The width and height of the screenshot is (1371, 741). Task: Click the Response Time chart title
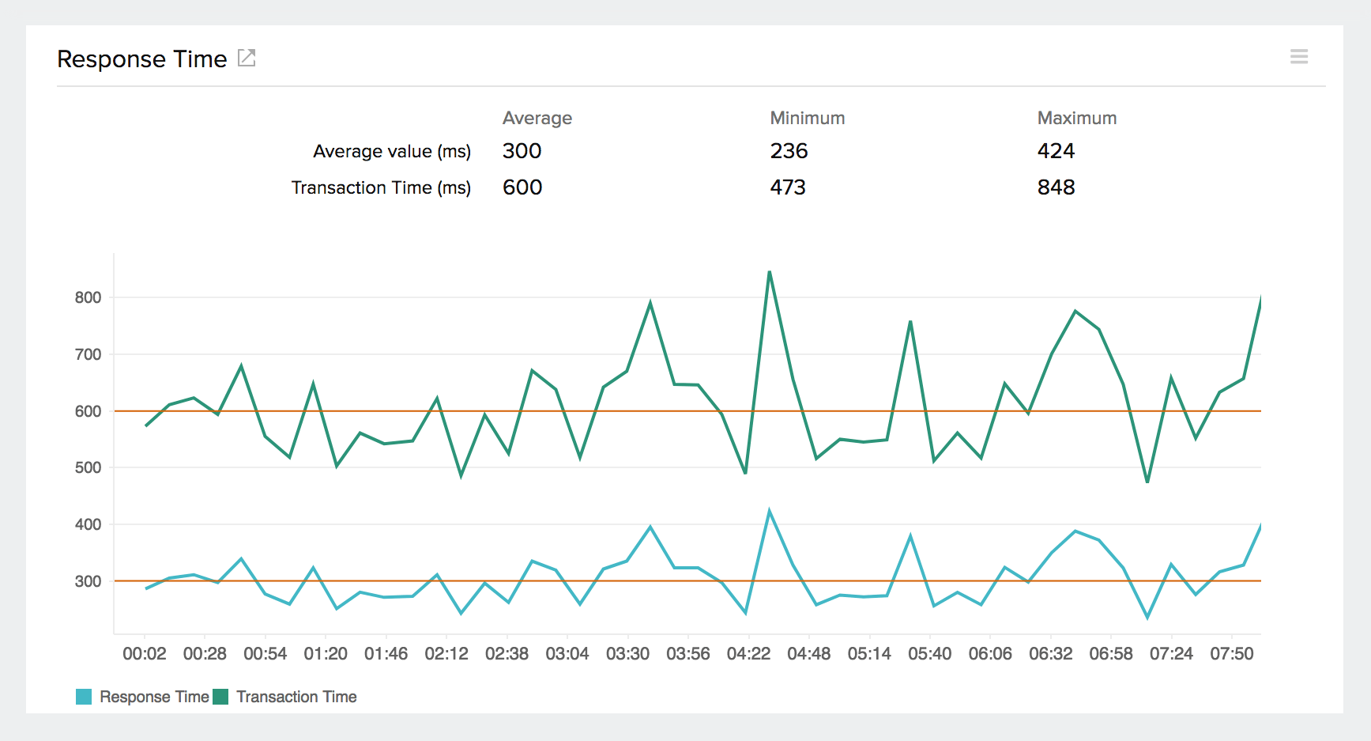pyautogui.click(x=142, y=59)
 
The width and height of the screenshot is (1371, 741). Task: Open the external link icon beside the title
pyautogui.click(x=247, y=58)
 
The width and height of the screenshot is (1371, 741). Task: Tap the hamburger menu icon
pyautogui.click(x=1299, y=56)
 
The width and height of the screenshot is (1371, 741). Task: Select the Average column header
pyautogui.click(x=537, y=118)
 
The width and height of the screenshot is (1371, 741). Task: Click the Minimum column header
pyautogui.click(x=807, y=118)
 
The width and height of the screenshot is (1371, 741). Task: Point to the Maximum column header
pyautogui.click(x=1076, y=118)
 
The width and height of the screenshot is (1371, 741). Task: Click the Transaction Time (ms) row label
pyautogui.click(x=381, y=187)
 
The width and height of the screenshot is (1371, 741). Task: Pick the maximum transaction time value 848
pyautogui.click(x=1056, y=187)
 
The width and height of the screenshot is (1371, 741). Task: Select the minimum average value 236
pyautogui.click(x=789, y=151)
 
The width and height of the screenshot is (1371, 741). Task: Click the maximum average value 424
pyautogui.click(x=1056, y=151)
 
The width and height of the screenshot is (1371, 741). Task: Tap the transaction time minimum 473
pyautogui.click(x=788, y=187)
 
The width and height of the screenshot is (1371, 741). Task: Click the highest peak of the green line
pyautogui.click(x=769, y=272)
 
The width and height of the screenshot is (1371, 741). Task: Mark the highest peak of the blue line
pyautogui.click(x=769, y=511)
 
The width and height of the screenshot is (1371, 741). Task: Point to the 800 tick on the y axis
pyautogui.click(x=88, y=297)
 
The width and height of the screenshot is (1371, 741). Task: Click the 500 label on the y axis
pyautogui.click(x=88, y=467)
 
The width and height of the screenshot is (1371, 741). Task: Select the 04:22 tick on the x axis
pyautogui.click(x=748, y=654)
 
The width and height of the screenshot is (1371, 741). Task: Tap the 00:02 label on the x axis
pyautogui.click(x=145, y=654)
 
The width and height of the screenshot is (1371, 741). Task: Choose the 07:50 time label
pyautogui.click(x=1231, y=654)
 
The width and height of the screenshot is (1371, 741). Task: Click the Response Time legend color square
pyautogui.click(x=84, y=697)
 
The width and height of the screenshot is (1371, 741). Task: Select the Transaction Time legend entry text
pyautogui.click(x=296, y=697)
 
